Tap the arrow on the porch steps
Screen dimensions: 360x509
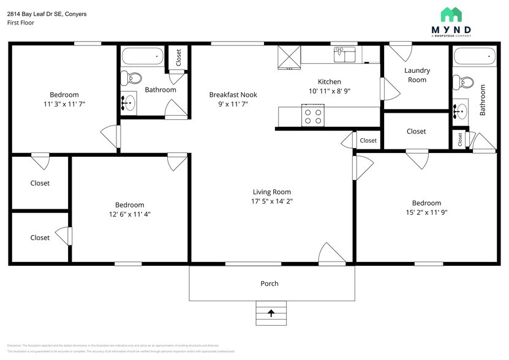[271, 313]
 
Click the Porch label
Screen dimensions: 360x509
[270, 283]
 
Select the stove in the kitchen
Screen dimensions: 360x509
[312, 114]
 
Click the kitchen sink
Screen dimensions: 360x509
[345, 54]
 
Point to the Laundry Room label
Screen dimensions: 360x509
[417, 75]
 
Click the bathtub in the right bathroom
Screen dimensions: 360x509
[474, 57]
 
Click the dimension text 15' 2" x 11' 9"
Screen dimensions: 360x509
[426, 213]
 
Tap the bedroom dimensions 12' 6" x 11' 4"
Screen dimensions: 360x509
[129, 214]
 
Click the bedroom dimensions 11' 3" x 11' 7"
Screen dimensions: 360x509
[64, 104]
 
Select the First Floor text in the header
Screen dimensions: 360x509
[21, 23]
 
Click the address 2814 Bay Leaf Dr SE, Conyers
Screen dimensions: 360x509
[47, 13]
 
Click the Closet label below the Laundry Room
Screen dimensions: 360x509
[416, 131]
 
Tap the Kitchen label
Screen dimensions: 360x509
[329, 81]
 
